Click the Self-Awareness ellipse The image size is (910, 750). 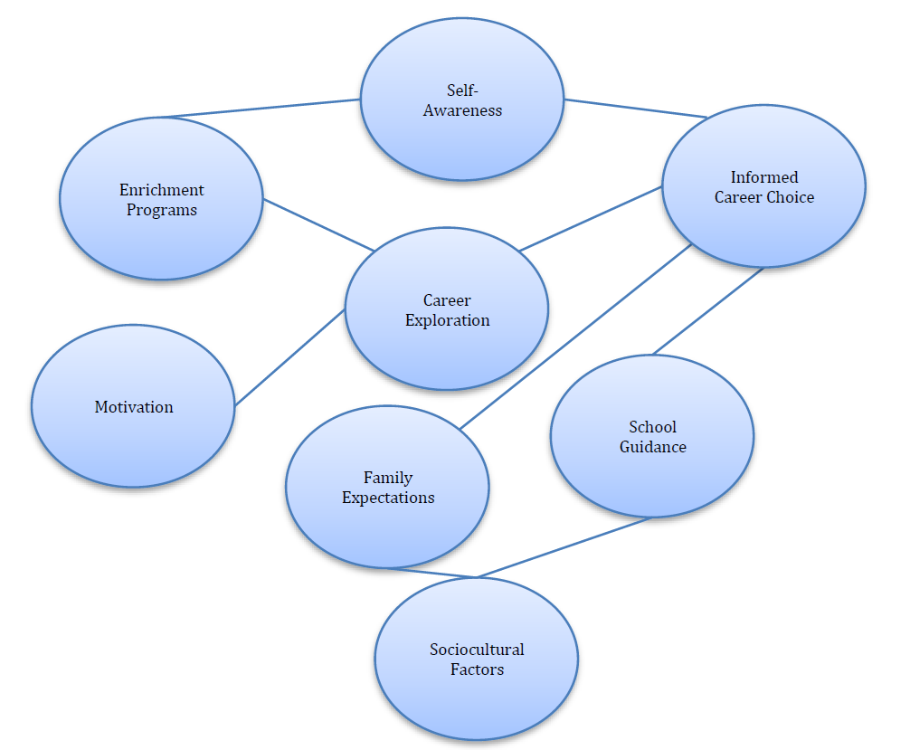[462, 100]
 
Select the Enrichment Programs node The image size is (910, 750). [161, 199]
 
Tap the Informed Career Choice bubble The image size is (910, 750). [763, 187]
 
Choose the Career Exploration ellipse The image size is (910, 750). [447, 309]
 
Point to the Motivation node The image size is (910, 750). [133, 407]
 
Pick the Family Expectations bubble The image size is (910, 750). [387, 488]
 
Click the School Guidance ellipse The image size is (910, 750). [652, 437]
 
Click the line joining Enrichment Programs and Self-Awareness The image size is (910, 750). [261, 109]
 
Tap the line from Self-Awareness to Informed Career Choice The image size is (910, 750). [635, 109]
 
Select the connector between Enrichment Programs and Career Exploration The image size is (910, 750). [318, 225]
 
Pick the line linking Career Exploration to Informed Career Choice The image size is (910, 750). [591, 219]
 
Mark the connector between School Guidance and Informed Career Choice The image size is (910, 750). [708, 310]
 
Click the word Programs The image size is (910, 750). [161, 210]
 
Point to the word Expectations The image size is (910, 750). [388, 498]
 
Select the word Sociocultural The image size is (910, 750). [477, 650]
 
